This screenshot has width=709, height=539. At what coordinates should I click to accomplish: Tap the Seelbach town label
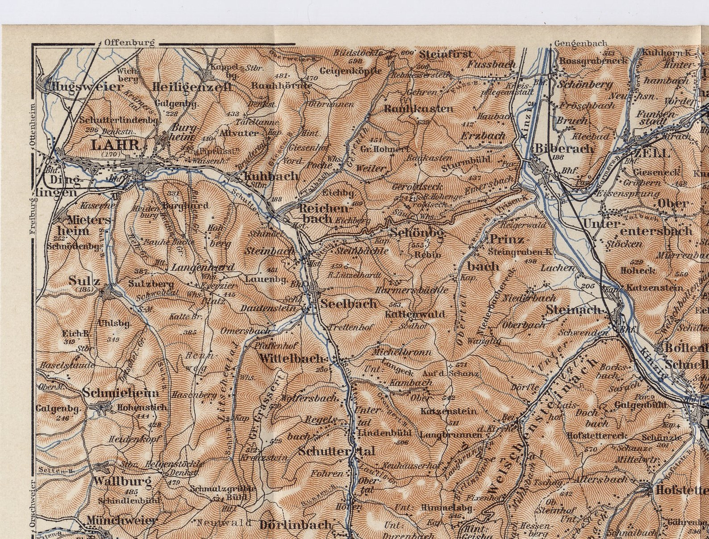pyautogui.click(x=349, y=304)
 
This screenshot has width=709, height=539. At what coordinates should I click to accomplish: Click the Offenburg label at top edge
pyautogui.click(x=129, y=43)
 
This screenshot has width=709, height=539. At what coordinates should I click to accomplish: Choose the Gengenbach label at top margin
pyautogui.click(x=580, y=43)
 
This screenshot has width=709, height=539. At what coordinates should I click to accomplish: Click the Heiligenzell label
pyautogui.click(x=192, y=87)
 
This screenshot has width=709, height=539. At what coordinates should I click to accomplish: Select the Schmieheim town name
pyautogui.click(x=121, y=393)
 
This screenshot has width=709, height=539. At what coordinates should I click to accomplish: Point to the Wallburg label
pyautogui.click(x=123, y=481)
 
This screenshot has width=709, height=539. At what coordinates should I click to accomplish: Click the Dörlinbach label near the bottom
pyautogui.click(x=296, y=525)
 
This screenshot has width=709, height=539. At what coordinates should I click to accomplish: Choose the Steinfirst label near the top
pyautogui.click(x=446, y=55)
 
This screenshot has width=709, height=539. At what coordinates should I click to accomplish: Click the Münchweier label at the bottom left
pyautogui.click(x=121, y=520)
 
